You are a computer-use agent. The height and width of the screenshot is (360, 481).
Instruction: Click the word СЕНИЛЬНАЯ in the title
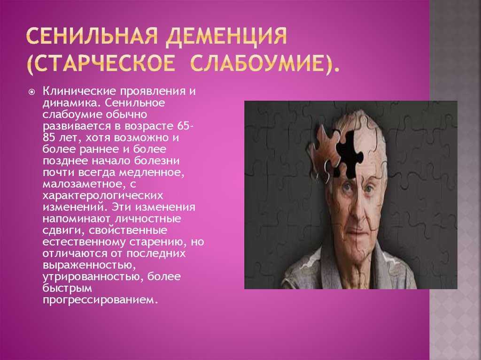[x=92, y=37]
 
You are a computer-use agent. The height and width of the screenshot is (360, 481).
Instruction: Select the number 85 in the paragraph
[x=49, y=138]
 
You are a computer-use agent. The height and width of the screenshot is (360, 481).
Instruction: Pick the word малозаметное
[x=82, y=184]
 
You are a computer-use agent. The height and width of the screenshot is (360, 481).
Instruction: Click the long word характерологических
[x=103, y=196]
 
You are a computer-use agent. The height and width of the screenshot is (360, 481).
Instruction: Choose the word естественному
[x=84, y=242]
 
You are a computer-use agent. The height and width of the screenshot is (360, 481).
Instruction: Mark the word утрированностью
[x=92, y=277]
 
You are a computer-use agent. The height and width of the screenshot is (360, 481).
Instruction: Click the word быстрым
[x=67, y=288]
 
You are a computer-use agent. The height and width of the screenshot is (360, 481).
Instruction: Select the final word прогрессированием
[x=101, y=299]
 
